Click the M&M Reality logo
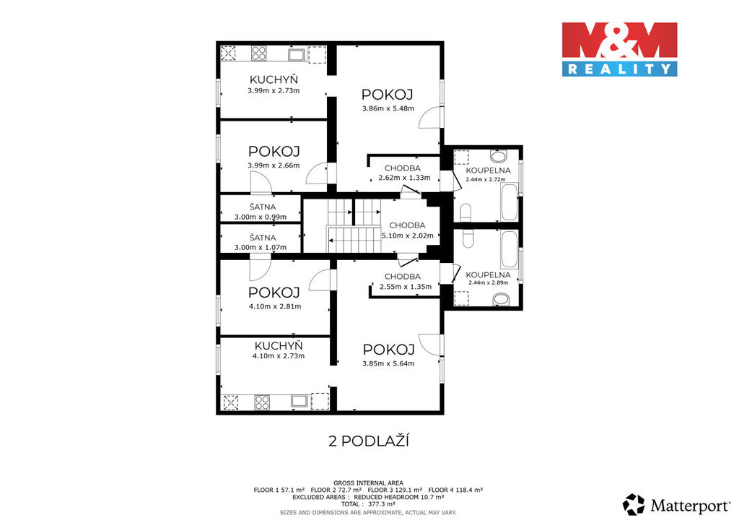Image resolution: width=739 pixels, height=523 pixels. point(619,49)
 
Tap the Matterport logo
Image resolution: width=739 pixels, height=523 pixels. point(676,505)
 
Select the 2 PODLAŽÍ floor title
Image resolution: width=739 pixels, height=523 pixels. point(369,441)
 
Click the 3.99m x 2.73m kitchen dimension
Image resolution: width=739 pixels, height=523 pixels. point(274,90)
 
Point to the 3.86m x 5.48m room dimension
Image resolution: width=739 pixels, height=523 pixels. point(388,108)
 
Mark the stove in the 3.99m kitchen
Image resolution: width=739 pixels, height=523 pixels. point(259,53)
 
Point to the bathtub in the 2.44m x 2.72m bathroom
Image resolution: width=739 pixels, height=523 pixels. point(510,202)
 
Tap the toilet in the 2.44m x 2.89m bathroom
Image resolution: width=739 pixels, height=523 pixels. point(468,238)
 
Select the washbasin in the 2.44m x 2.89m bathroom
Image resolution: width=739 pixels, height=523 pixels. point(501,299)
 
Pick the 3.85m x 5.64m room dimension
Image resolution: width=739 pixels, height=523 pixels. point(388,363)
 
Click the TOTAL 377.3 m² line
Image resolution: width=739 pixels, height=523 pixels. point(368,503)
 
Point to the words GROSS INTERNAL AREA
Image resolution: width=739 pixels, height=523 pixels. point(368,483)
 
